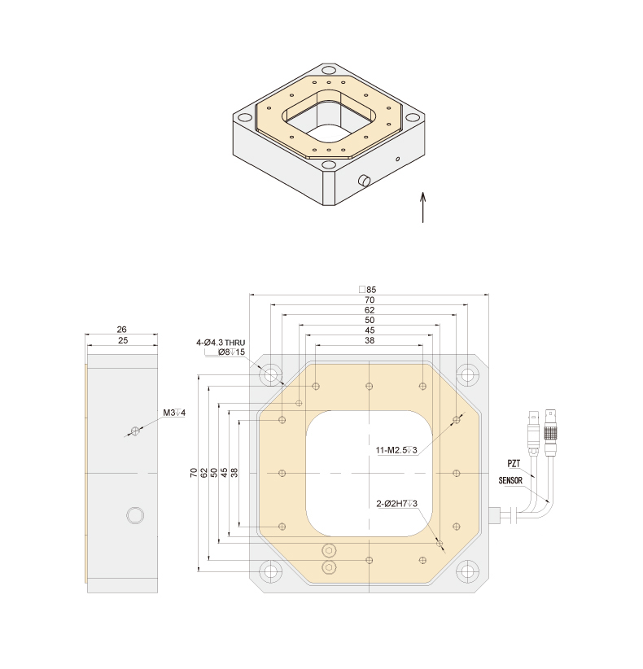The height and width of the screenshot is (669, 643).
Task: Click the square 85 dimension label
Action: click(x=368, y=290)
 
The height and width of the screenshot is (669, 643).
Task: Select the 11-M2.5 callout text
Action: click(x=396, y=450)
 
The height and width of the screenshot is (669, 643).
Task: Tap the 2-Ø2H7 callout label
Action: click(x=397, y=504)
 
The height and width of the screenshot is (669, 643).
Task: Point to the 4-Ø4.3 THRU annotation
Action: click(x=221, y=343)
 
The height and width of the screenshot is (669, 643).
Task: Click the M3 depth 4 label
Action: click(x=174, y=413)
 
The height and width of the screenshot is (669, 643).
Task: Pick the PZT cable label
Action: click(x=514, y=464)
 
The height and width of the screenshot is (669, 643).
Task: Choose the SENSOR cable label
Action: click(x=510, y=481)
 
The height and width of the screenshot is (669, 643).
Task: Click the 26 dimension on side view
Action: click(x=121, y=330)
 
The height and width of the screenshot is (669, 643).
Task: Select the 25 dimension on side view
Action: click(x=122, y=340)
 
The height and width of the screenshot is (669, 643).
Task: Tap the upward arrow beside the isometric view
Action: click(x=423, y=208)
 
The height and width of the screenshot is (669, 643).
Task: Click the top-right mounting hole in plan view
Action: click(x=468, y=375)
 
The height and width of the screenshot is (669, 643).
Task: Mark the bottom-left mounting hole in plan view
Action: click(x=270, y=571)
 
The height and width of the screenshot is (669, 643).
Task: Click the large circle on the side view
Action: click(x=135, y=515)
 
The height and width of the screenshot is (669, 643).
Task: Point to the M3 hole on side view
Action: click(x=136, y=431)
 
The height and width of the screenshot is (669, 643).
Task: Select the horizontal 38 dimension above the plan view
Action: click(x=370, y=340)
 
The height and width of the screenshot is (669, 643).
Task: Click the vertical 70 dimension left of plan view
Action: click(x=194, y=472)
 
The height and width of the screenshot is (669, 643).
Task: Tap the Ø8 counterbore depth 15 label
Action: click(x=231, y=352)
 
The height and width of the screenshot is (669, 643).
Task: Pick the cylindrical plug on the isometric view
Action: click(x=364, y=181)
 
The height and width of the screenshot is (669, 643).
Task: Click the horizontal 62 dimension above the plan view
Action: click(x=370, y=310)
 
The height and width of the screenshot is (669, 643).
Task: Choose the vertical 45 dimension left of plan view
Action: click(x=225, y=472)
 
